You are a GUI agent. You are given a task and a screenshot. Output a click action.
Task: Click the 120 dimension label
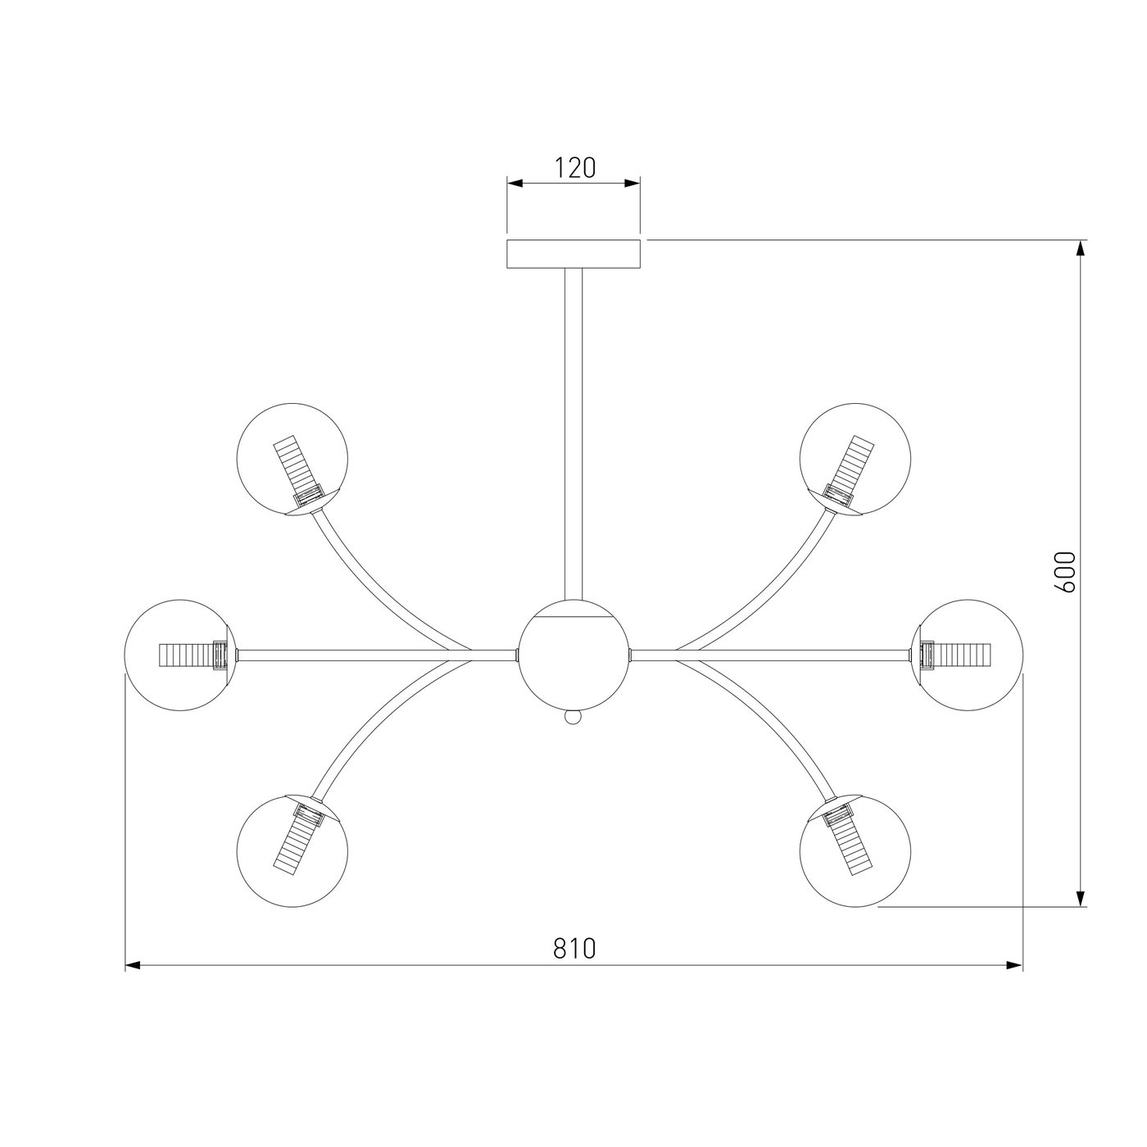pyautogui.click(x=575, y=168)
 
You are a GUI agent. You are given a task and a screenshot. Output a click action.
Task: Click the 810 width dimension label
pyautogui.click(x=574, y=949)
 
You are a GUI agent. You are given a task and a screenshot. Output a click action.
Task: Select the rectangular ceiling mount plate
pyautogui.click(x=573, y=254)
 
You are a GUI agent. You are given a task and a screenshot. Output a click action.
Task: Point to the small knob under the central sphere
pyautogui.click(x=573, y=718)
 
